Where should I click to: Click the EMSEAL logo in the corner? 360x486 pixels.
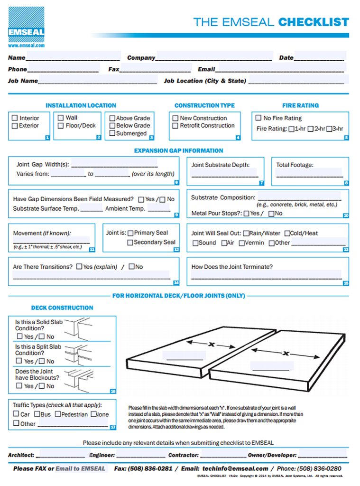26,24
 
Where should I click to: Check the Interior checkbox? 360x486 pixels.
15,118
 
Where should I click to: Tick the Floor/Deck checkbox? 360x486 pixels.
61,126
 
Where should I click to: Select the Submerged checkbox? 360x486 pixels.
112,133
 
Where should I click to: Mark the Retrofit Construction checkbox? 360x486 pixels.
175,126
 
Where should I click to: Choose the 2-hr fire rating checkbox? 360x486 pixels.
310,129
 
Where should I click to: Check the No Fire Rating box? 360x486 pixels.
258,118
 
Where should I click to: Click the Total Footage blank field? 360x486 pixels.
309,174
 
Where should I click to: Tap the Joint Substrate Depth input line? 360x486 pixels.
224,174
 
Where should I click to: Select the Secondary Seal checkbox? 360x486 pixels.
130,243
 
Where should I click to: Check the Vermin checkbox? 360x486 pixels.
242,243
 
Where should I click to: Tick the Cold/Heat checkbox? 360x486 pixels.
287,234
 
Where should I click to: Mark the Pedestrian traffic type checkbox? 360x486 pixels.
58,414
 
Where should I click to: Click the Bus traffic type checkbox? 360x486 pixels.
37,414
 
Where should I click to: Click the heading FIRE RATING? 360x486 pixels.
300,105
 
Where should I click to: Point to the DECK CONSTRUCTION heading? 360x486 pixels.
62,308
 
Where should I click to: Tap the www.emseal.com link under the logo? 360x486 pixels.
26,46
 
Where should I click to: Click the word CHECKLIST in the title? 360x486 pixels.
314,22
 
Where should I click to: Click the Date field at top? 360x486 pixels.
319,57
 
